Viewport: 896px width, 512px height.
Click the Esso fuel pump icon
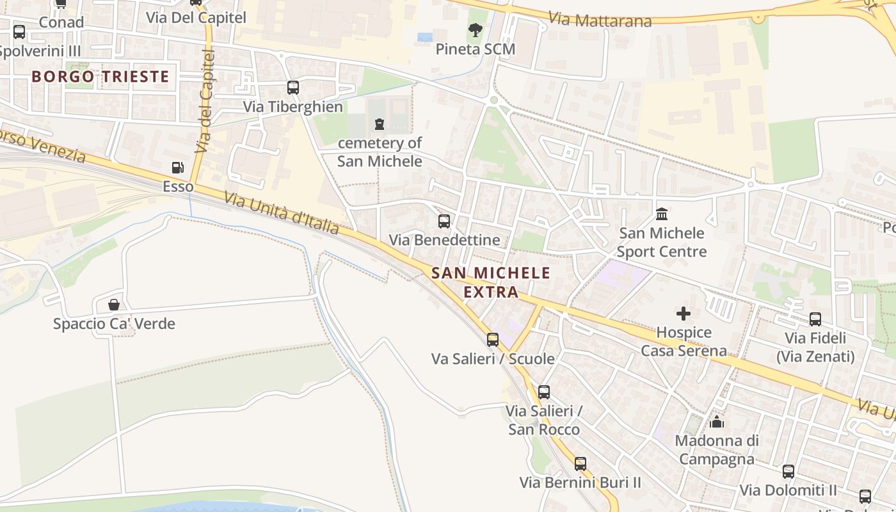pos(178,168)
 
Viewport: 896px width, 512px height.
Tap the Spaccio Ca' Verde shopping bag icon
pos(114,305)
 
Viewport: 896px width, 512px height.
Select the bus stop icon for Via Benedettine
pos(444,221)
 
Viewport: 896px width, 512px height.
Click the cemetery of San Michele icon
pos(380,123)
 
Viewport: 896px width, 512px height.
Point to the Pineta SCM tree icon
pos(475,29)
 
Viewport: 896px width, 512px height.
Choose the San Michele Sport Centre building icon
pos(662,213)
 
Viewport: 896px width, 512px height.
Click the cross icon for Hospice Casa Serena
pos(684,314)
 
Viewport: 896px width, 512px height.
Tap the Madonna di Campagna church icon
pos(717,422)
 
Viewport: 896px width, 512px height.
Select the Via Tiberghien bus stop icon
pos(292,88)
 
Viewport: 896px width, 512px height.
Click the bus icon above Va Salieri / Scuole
pos(492,340)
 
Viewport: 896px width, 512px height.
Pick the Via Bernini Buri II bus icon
pos(580,464)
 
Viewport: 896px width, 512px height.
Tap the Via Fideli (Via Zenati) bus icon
pos(815,319)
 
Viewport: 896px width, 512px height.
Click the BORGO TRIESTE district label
pos(100,77)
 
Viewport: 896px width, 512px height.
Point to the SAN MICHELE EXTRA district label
pos(491,282)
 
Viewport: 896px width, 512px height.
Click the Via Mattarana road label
pos(600,20)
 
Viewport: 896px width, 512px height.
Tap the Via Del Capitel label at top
pos(196,17)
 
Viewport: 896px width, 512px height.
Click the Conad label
pos(61,22)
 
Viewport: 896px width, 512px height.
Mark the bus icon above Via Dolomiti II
pos(788,472)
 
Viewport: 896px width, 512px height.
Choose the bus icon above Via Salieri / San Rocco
pos(543,392)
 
